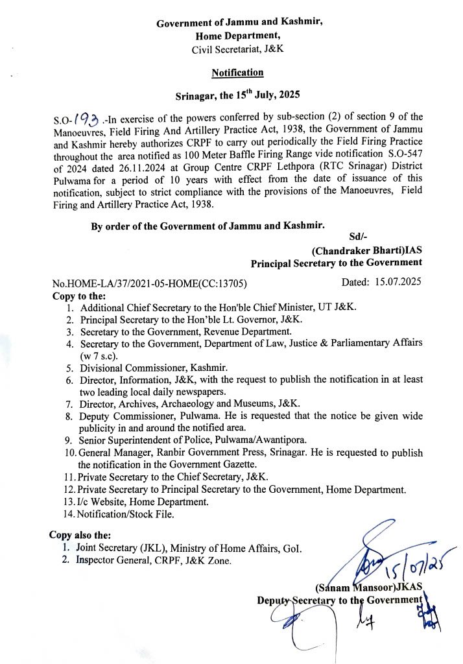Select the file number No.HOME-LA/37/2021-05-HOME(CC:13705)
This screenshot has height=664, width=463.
tap(150, 284)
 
